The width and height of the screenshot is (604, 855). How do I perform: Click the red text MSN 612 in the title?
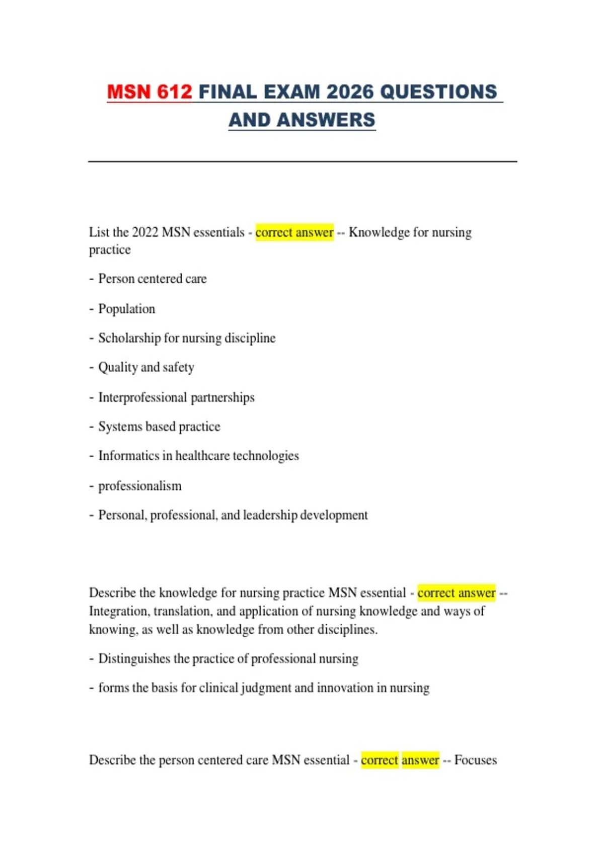[x=149, y=92]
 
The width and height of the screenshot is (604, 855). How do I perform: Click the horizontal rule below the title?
[x=302, y=161]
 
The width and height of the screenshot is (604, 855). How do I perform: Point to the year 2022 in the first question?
[x=145, y=232]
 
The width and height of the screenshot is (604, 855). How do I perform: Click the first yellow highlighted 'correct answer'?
[x=294, y=232]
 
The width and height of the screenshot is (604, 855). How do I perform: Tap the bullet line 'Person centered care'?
[x=152, y=279]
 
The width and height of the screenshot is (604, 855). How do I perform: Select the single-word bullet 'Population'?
[x=126, y=309]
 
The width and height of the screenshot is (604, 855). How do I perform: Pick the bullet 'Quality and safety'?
[x=146, y=368]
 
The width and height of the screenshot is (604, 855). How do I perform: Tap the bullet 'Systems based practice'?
[x=159, y=426]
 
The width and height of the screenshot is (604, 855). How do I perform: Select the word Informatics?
[x=128, y=456]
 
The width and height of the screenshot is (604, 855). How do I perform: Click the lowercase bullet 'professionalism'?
[x=139, y=486]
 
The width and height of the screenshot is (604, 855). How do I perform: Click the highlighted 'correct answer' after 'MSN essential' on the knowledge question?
[x=457, y=593]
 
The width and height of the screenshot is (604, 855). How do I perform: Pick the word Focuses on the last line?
[x=475, y=760]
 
